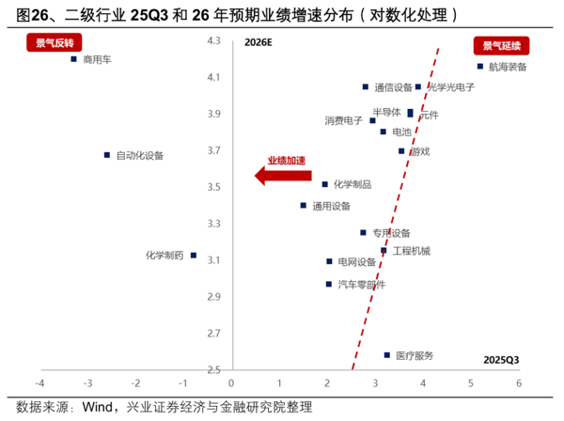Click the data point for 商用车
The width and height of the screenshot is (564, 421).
click(73, 59)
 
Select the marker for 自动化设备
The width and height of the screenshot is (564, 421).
click(106, 155)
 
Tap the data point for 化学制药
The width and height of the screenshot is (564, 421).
click(193, 255)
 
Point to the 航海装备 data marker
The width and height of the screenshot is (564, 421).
click(480, 66)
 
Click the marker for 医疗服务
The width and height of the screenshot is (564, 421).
click(386, 355)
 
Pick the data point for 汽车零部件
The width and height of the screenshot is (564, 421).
click(328, 284)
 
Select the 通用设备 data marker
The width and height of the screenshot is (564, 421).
click(303, 205)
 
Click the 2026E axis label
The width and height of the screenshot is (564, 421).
click(258, 42)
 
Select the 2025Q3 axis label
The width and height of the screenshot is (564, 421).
click(501, 360)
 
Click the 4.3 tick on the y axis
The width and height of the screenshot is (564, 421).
click(213, 40)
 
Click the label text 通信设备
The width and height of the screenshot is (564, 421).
click(393, 87)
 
